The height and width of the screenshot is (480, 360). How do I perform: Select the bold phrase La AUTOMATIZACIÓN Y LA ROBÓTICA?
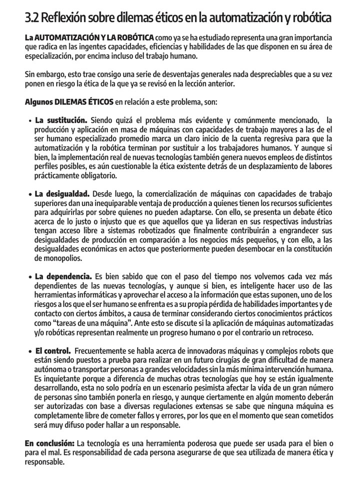[x=89, y=38]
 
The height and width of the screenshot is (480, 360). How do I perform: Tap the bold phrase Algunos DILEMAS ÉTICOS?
[x=69, y=102]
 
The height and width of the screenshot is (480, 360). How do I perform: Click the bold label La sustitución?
[x=61, y=120]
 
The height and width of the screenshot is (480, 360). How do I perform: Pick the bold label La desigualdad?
[x=62, y=193]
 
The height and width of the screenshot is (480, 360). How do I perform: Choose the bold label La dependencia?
[x=63, y=276]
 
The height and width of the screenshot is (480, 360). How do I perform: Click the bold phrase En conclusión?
[x=49, y=443]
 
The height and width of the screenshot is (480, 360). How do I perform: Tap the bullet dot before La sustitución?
[x=30, y=121]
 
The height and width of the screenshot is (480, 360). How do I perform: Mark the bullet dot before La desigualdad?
[x=30, y=194]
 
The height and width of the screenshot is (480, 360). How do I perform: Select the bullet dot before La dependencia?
[x=30, y=276]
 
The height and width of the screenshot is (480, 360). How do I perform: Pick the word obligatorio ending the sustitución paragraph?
[x=95, y=175]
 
